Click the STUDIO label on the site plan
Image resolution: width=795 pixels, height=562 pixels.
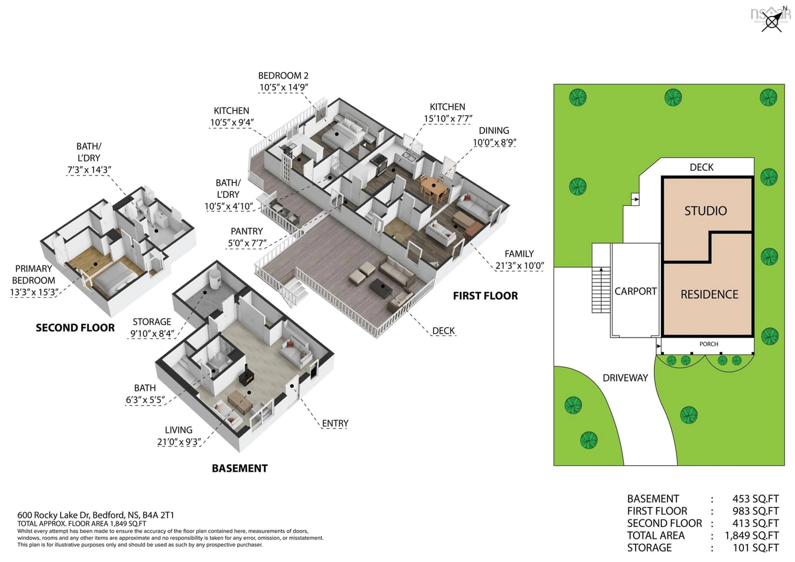point(705,211)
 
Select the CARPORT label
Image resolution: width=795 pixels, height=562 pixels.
point(635,291)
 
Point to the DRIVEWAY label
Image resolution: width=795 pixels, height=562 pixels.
point(625,378)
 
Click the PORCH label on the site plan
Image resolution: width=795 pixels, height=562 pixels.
point(708,344)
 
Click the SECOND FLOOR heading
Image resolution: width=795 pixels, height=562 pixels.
point(75,328)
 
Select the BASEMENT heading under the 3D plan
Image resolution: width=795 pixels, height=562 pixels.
point(240,468)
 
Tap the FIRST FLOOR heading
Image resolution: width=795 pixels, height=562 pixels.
point(485,296)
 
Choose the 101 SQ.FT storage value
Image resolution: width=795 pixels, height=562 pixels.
point(755,548)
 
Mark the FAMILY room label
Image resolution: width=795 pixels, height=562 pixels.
point(519,254)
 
